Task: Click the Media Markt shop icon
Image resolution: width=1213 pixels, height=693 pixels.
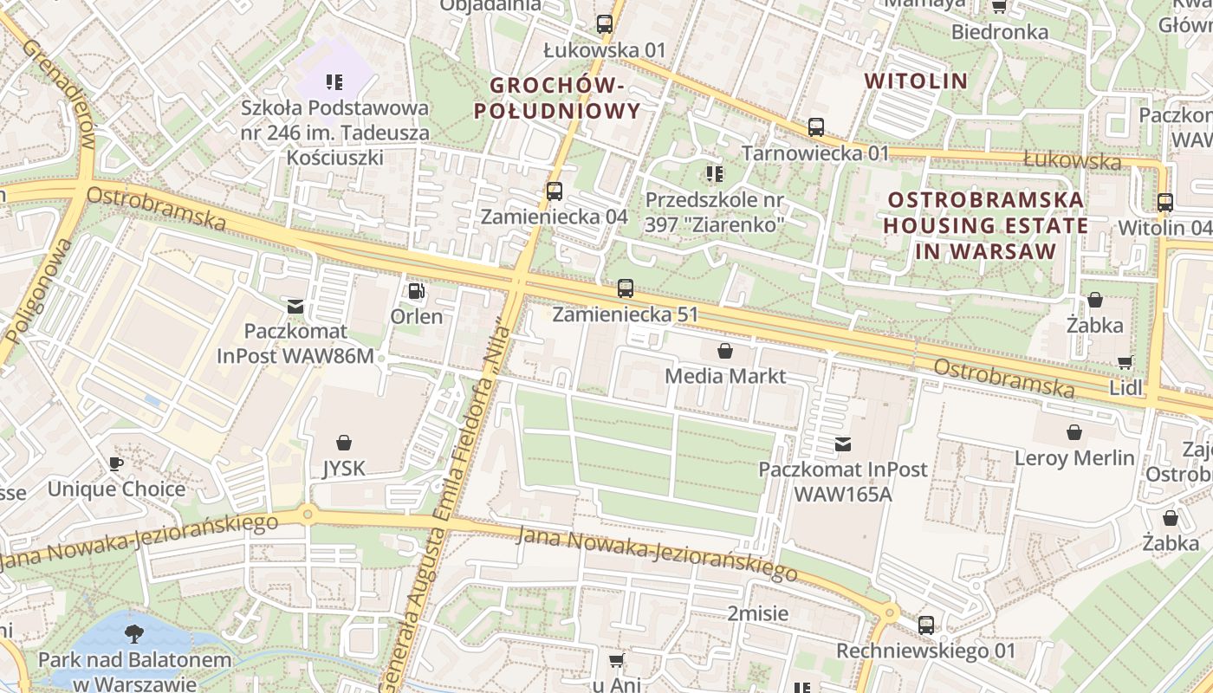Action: click(724, 351)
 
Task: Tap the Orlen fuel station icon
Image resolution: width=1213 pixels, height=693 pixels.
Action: click(417, 291)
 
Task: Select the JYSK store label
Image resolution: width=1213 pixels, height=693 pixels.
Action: click(343, 469)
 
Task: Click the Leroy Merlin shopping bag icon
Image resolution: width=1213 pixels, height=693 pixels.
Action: click(1074, 432)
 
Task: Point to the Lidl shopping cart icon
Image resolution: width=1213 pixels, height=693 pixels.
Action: click(1125, 363)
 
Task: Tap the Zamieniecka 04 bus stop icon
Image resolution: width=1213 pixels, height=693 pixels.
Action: click(555, 191)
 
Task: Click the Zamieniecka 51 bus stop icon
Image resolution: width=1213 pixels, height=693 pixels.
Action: click(626, 289)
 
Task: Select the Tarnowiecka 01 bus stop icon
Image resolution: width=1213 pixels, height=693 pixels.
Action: click(816, 127)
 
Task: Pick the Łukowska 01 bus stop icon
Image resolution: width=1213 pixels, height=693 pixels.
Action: click(605, 24)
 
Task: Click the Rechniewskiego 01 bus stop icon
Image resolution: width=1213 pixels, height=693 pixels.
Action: click(926, 625)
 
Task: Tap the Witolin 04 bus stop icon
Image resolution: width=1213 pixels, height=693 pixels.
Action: click(1165, 203)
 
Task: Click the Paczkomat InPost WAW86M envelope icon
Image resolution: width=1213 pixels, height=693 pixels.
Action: click(295, 306)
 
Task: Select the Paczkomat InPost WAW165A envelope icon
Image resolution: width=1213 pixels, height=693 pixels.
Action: click(842, 444)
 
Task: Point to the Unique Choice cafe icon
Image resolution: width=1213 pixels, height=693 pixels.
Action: click(116, 464)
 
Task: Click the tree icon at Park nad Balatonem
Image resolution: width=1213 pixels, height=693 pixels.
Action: click(134, 634)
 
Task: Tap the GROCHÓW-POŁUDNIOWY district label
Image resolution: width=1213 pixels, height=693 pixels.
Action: click(565, 98)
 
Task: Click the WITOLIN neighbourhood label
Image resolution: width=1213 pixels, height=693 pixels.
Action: click(916, 81)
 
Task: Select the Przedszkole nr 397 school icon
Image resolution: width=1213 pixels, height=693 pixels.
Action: click(715, 175)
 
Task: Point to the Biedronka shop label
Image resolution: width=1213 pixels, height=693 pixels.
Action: click(999, 32)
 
